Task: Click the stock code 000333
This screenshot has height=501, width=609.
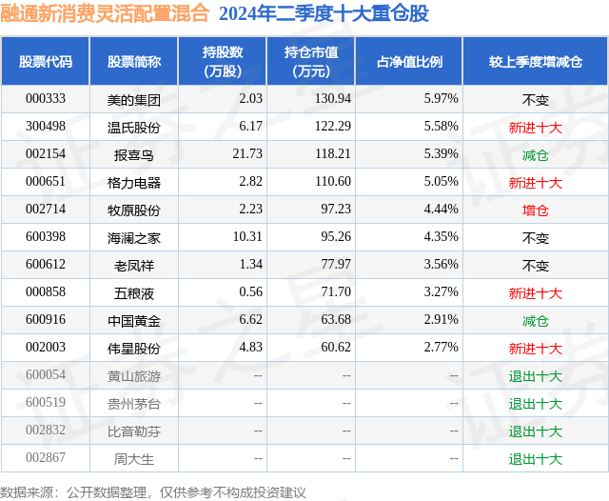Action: [x=45, y=99]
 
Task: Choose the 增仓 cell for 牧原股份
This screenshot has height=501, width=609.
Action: [x=536, y=210]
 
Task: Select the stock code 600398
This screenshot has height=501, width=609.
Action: [x=45, y=237]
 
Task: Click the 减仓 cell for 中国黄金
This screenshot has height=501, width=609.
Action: [x=536, y=321]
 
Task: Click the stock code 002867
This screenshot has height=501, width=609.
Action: [x=45, y=459]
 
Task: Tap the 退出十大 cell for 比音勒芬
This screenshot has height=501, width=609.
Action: [x=536, y=431]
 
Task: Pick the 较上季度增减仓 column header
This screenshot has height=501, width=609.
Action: [x=536, y=62]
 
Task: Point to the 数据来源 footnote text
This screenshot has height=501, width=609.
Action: [x=153, y=491]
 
